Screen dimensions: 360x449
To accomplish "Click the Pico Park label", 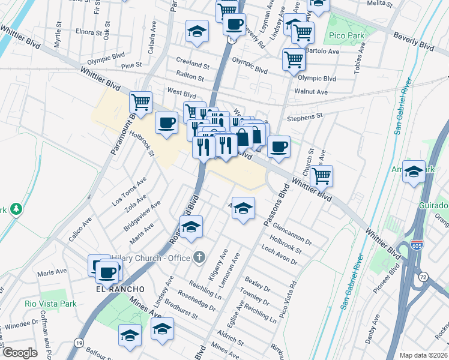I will coord(348,36).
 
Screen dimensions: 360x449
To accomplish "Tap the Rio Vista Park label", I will coord(50,304).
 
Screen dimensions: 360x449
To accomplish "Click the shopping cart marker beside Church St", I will coord(322,176).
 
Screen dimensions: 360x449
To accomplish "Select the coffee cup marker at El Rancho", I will coord(107,272).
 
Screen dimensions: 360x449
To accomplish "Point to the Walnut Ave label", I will coord(311,92).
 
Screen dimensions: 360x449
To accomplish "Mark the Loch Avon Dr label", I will coord(279,256).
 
